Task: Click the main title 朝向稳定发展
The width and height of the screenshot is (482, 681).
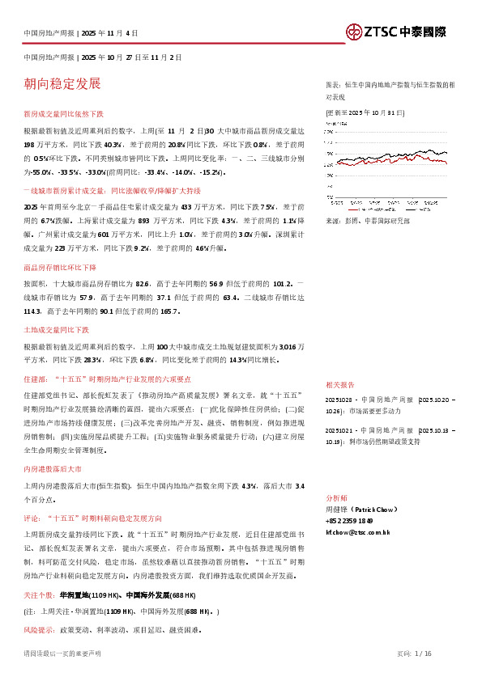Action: click(x=62, y=83)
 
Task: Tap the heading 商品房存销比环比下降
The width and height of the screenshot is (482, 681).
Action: click(x=60, y=267)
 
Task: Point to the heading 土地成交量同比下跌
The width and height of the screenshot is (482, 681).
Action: click(x=57, y=330)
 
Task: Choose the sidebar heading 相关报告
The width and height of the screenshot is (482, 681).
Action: click(x=339, y=385)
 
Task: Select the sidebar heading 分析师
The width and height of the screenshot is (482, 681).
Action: click(x=336, y=499)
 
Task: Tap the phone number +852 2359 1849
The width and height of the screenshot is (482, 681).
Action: click(x=349, y=522)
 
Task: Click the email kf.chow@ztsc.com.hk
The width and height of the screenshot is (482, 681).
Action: click(x=357, y=533)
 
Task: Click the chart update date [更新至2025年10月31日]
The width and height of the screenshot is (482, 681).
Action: click(x=365, y=112)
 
